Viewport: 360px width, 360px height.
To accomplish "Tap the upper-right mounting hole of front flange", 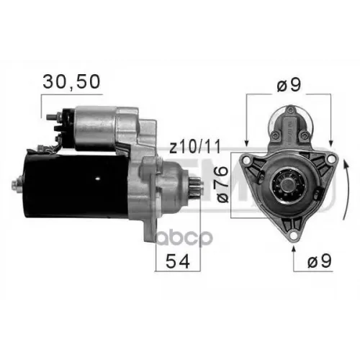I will coord(330,158).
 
